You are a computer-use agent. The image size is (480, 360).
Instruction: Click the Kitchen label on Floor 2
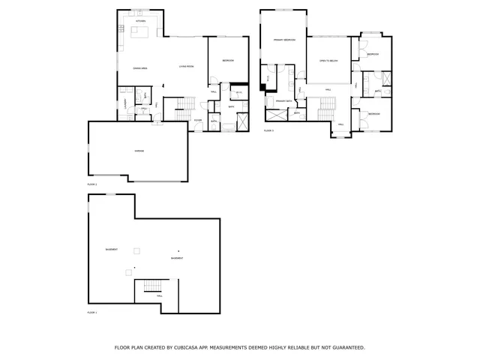140,22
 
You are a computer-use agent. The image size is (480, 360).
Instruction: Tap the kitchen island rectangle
139,31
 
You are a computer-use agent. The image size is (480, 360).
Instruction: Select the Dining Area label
139,67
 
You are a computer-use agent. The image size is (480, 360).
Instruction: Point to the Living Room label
186,67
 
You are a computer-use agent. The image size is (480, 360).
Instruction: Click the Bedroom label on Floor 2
227,60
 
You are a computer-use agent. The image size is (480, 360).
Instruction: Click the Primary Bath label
283,100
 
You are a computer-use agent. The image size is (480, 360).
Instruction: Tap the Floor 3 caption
268,130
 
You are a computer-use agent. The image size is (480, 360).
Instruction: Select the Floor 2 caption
92,184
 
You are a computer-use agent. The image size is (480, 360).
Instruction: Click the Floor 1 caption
92,311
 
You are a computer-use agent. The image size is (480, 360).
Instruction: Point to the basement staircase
153,287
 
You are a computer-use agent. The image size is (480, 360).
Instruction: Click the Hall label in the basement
159,296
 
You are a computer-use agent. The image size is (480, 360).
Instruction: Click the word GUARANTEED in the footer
347,348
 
